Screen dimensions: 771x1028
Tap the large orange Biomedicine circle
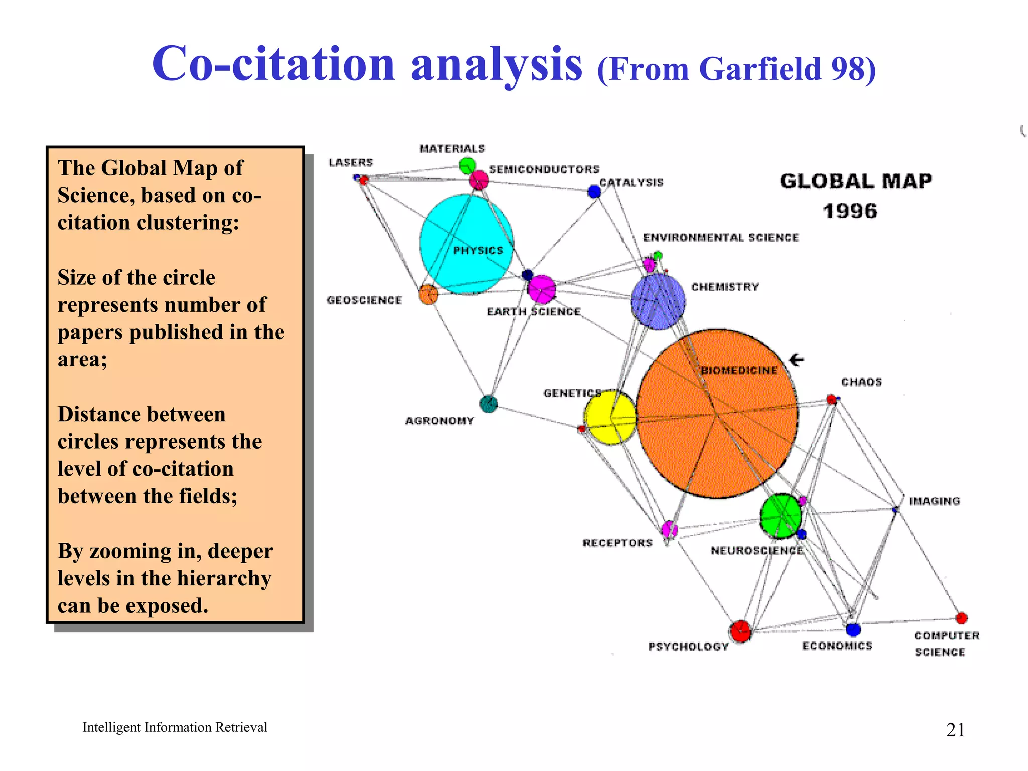717,414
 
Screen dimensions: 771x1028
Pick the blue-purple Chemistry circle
658,301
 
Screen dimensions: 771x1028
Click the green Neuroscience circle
781,516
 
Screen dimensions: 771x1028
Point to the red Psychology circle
740,631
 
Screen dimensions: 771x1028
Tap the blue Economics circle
853,629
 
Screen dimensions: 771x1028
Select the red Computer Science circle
961,618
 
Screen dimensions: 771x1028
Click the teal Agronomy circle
488,404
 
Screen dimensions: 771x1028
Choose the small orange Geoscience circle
428,294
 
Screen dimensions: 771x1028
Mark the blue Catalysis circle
594,191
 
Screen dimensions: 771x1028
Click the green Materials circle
467,165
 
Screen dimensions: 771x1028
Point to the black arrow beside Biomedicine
796,360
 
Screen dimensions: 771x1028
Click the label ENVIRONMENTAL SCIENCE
721,238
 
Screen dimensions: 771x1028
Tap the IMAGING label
935,501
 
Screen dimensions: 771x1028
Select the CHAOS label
861,382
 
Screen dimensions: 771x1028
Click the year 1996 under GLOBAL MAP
850,211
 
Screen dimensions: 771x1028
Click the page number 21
955,730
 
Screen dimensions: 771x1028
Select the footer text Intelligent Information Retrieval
175,727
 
